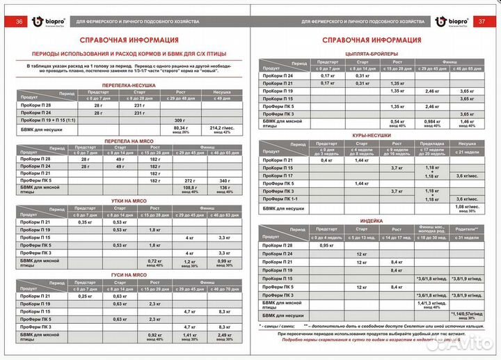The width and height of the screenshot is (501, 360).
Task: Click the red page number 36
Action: (x=19, y=22)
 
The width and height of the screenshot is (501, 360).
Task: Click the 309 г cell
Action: (x=180, y=120)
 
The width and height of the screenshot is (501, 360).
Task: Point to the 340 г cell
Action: (x=223, y=180)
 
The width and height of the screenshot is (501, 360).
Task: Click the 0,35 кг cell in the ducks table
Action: (x=85, y=222)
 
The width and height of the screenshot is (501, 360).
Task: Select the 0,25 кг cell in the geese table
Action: (x=85, y=297)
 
